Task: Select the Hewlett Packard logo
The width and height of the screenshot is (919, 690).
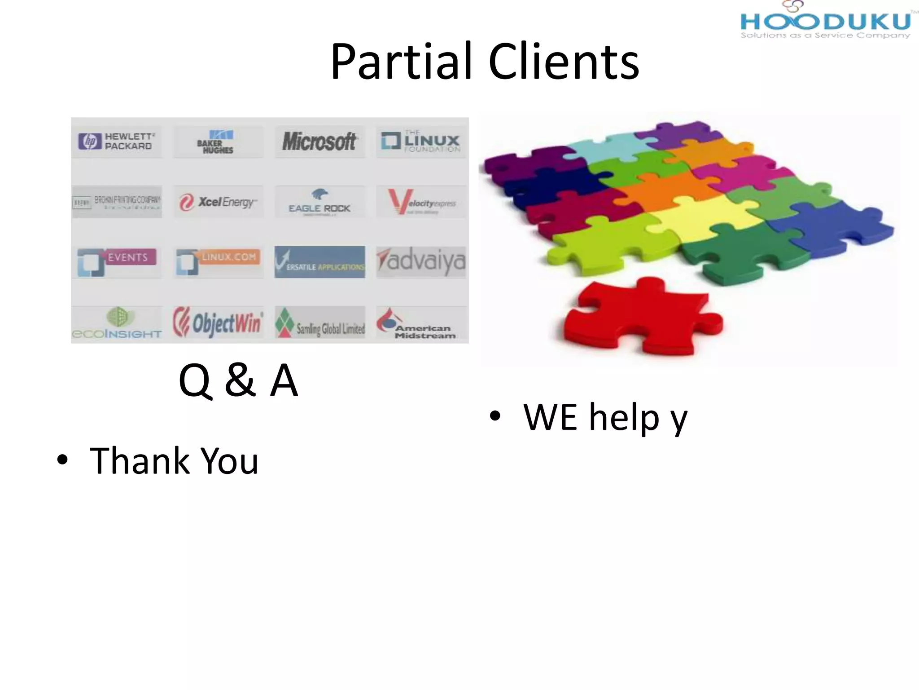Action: tap(117, 141)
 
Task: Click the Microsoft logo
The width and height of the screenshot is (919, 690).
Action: tap(319, 142)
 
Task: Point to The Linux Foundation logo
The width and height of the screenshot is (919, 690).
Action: tap(421, 141)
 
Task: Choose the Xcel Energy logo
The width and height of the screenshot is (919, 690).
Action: tap(218, 202)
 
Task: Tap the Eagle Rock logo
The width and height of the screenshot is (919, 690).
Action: tap(319, 202)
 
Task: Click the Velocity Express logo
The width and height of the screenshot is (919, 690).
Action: tap(421, 202)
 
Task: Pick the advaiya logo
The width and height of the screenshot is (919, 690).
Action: tap(421, 261)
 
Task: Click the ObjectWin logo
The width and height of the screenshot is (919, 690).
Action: tap(218, 322)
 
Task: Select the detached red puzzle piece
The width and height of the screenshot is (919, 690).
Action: tap(642, 317)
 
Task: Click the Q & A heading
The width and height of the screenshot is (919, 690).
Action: tap(238, 380)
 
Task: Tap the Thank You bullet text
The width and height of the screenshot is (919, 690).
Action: tap(174, 461)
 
